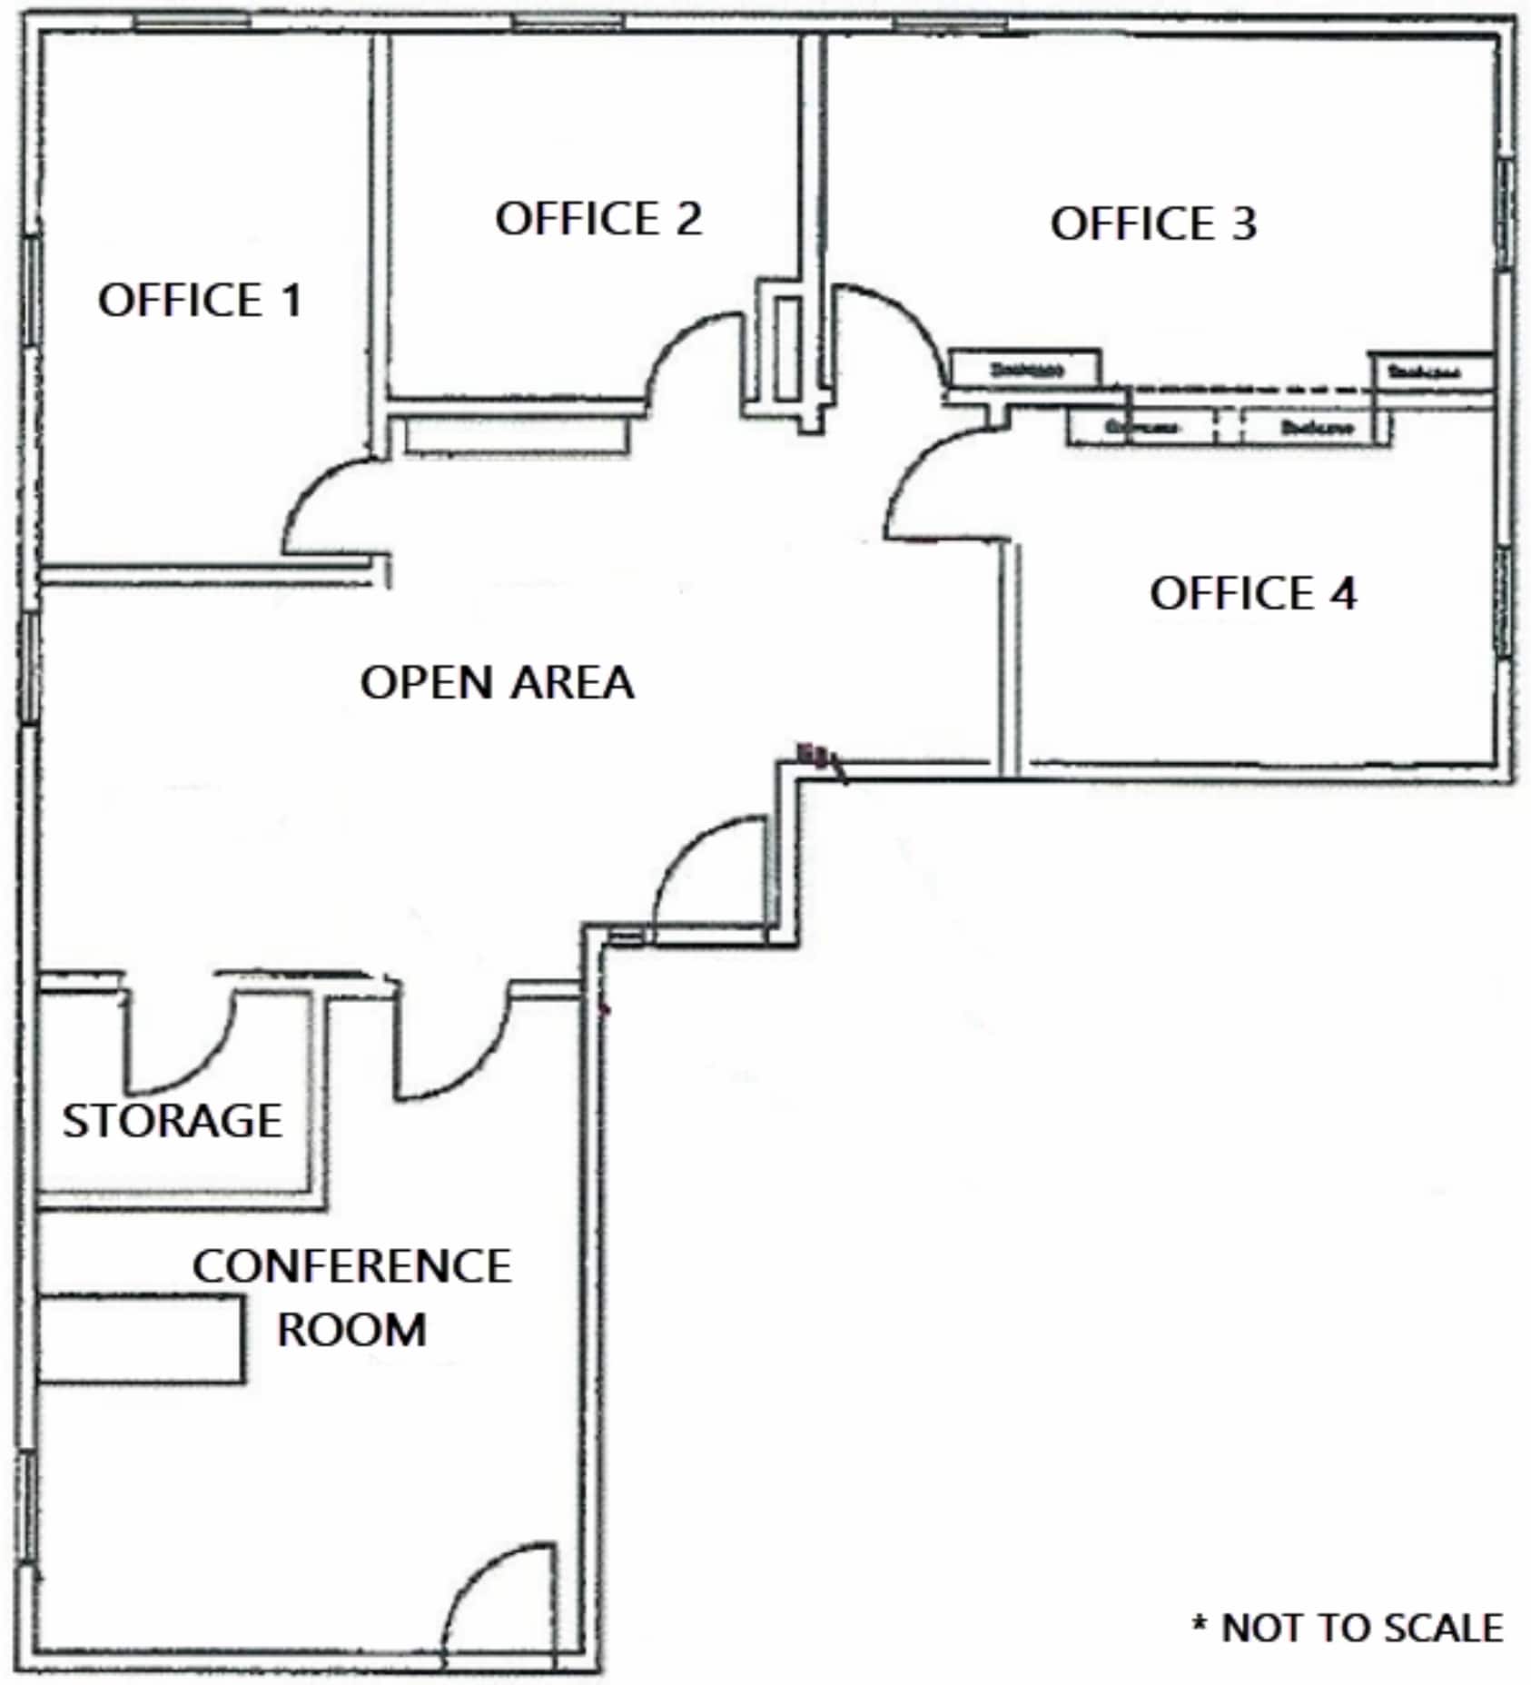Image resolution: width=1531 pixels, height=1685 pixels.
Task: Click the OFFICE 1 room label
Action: click(x=200, y=301)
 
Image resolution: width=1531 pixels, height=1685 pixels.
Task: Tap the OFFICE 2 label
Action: click(x=598, y=219)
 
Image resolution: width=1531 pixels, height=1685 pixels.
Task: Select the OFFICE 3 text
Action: click(x=1153, y=224)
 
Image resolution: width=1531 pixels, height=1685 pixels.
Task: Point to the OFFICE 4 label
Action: click(x=1252, y=594)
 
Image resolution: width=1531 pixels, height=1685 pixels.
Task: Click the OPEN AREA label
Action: click(x=497, y=683)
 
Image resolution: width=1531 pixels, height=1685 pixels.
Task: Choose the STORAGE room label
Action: click(x=172, y=1121)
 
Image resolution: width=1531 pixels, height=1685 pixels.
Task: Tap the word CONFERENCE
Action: click(x=352, y=1266)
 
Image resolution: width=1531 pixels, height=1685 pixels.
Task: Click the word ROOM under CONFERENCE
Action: click(x=352, y=1331)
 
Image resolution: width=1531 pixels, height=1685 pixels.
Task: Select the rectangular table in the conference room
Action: click(x=141, y=1340)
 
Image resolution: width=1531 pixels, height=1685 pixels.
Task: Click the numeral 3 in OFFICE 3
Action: click(x=1243, y=224)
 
